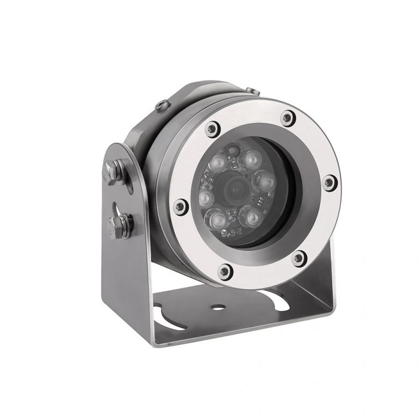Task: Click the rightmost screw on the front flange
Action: point(328,182)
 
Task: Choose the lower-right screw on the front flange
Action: point(298,257)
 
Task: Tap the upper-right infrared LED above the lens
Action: point(250,159)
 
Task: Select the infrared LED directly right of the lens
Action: point(265,179)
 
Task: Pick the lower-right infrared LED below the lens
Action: point(251,217)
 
